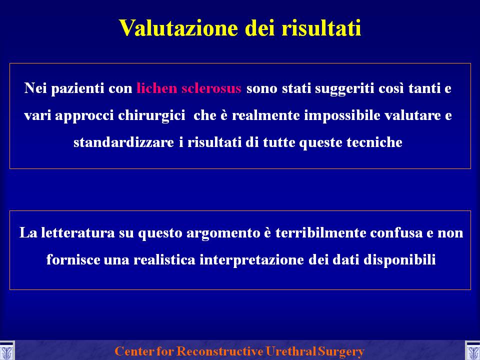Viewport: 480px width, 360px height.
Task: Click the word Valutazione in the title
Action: coord(178,28)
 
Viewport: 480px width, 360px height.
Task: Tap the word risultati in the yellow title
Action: coord(321,28)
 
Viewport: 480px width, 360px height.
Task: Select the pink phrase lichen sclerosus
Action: coord(189,88)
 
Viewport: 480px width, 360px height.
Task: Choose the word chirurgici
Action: coord(151,115)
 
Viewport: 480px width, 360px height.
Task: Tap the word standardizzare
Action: coord(123,142)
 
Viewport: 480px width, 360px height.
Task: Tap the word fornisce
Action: coord(73,259)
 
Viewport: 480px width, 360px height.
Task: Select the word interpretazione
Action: coord(251,260)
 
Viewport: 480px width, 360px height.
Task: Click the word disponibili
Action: coord(399,260)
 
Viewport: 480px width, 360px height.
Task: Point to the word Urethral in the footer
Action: coord(290,351)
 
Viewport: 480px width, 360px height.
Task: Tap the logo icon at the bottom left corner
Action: coord(6,351)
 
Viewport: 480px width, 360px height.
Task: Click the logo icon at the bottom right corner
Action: coord(473,351)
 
